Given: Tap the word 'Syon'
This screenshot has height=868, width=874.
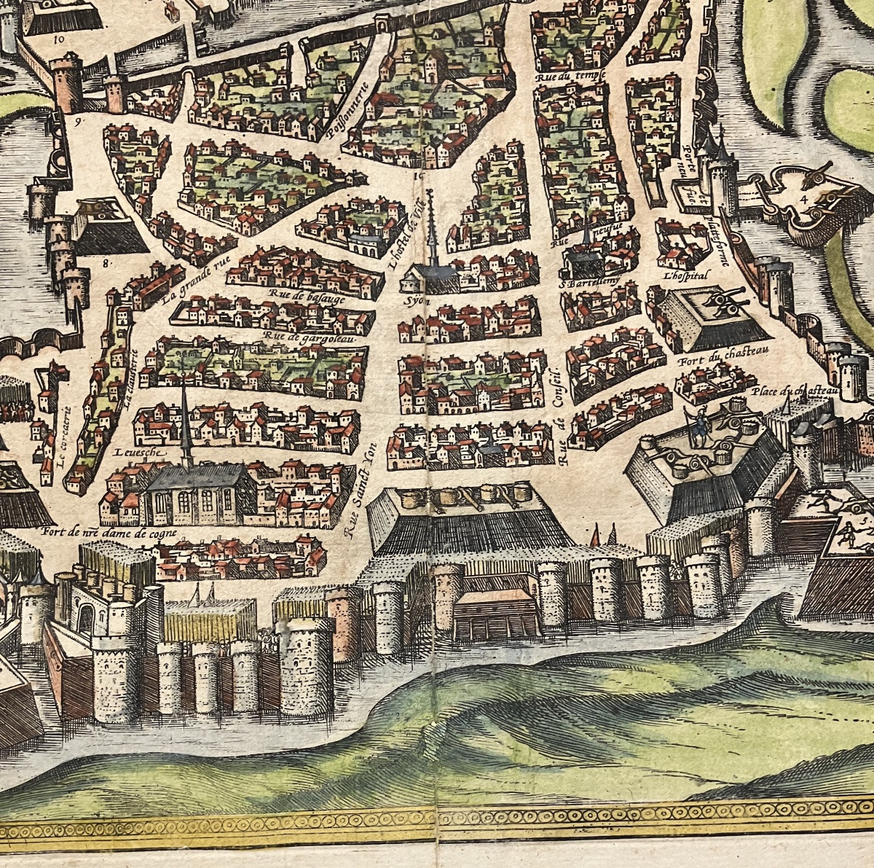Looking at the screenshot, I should coord(415,300).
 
